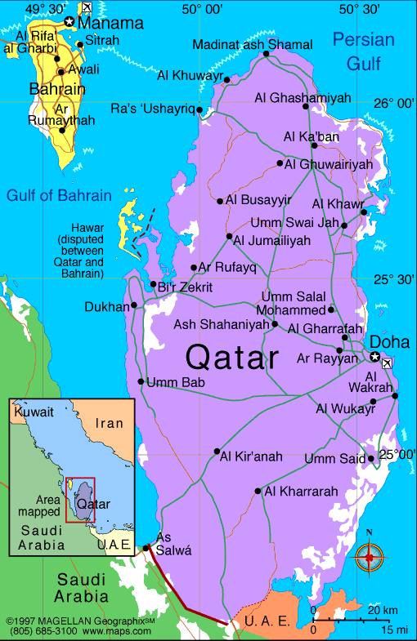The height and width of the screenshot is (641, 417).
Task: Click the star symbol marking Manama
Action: coord(69,22)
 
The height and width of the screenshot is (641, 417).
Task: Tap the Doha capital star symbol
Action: coord(374,356)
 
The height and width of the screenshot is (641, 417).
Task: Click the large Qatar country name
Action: coord(232,357)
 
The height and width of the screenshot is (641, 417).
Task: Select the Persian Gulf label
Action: coord(364,51)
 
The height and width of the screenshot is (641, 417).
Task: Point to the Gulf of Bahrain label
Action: coord(58,195)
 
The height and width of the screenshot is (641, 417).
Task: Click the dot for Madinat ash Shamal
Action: coord(267,54)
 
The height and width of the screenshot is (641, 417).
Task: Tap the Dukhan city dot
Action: coord(135,307)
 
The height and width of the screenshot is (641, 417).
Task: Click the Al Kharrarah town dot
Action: coord(258,491)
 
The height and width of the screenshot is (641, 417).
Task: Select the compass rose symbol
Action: coord(370,557)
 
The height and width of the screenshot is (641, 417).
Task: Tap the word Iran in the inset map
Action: coord(109,423)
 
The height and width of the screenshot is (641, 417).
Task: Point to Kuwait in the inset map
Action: coord(33,412)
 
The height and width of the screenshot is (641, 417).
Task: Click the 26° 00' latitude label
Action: coord(394,103)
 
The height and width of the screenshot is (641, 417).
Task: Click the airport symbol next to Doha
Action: coord(387,363)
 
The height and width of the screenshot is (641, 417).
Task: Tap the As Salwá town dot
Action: coord(146,547)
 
